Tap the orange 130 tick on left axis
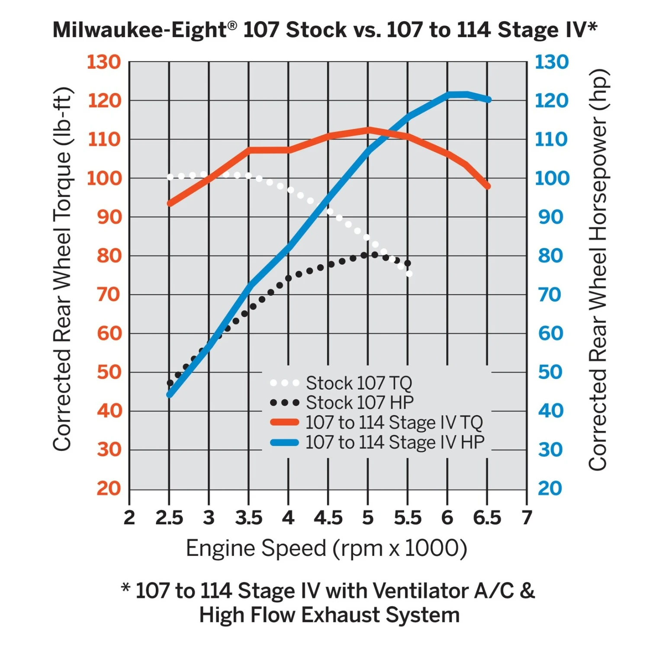(x=104, y=62)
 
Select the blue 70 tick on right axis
(x=550, y=295)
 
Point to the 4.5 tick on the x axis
(x=328, y=518)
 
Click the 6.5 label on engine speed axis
(x=487, y=518)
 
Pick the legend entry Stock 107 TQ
(x=359, y=383)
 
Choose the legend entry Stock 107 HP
(x=360, y=402)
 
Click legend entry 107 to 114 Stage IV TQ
(x=394, y=422)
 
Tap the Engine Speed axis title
(x=327, y=548)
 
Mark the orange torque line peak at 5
(x=368, y=130)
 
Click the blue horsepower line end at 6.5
(x=488, y=100)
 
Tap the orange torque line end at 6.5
(x=488, y=186)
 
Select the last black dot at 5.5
(x=408, y=263)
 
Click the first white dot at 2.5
(x=170, y=177)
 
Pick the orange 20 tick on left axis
(x=109, y=488)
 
